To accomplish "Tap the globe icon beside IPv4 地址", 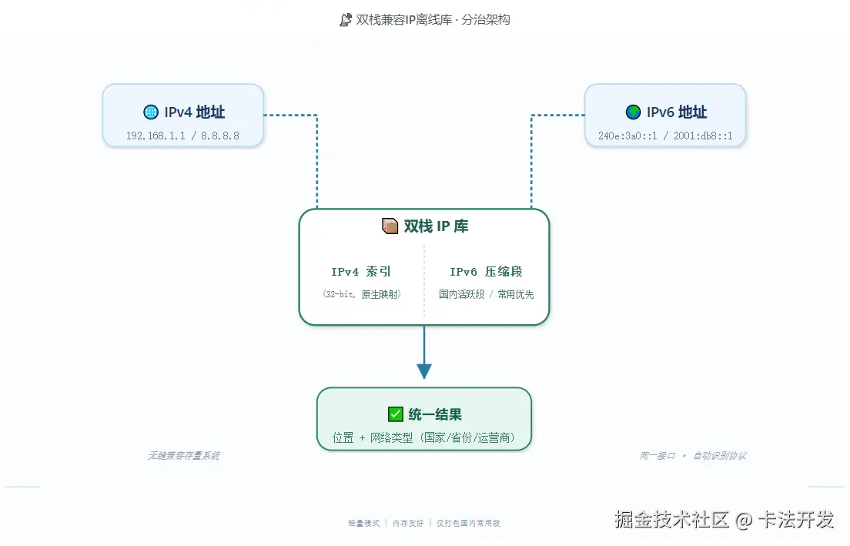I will point(150,112).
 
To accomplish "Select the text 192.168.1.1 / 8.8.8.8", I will point(182,136).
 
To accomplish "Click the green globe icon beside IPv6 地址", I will point(633,112).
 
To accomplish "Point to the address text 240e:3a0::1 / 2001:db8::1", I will point(665,136).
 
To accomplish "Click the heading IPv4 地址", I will point(194,112).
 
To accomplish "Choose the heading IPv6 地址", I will point(676,112).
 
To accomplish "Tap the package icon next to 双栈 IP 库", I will point(390,226).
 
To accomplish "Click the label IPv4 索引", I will point(361,272).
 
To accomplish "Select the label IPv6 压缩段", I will point(486,272).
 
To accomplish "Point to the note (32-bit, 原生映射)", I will point(361,294).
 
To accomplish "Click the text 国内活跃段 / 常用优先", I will point(486,294).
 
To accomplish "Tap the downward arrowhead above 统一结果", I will point(424,370).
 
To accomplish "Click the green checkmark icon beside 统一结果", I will point(396,414).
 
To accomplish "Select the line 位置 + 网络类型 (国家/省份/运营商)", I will point(424,437).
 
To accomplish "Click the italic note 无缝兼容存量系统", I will point(183,456).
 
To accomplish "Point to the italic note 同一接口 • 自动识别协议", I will point(692,456).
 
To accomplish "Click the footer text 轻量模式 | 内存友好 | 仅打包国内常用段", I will point(424,523).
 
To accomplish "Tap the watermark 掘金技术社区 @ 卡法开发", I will point(724,520).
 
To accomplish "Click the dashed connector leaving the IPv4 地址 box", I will point(316,154).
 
